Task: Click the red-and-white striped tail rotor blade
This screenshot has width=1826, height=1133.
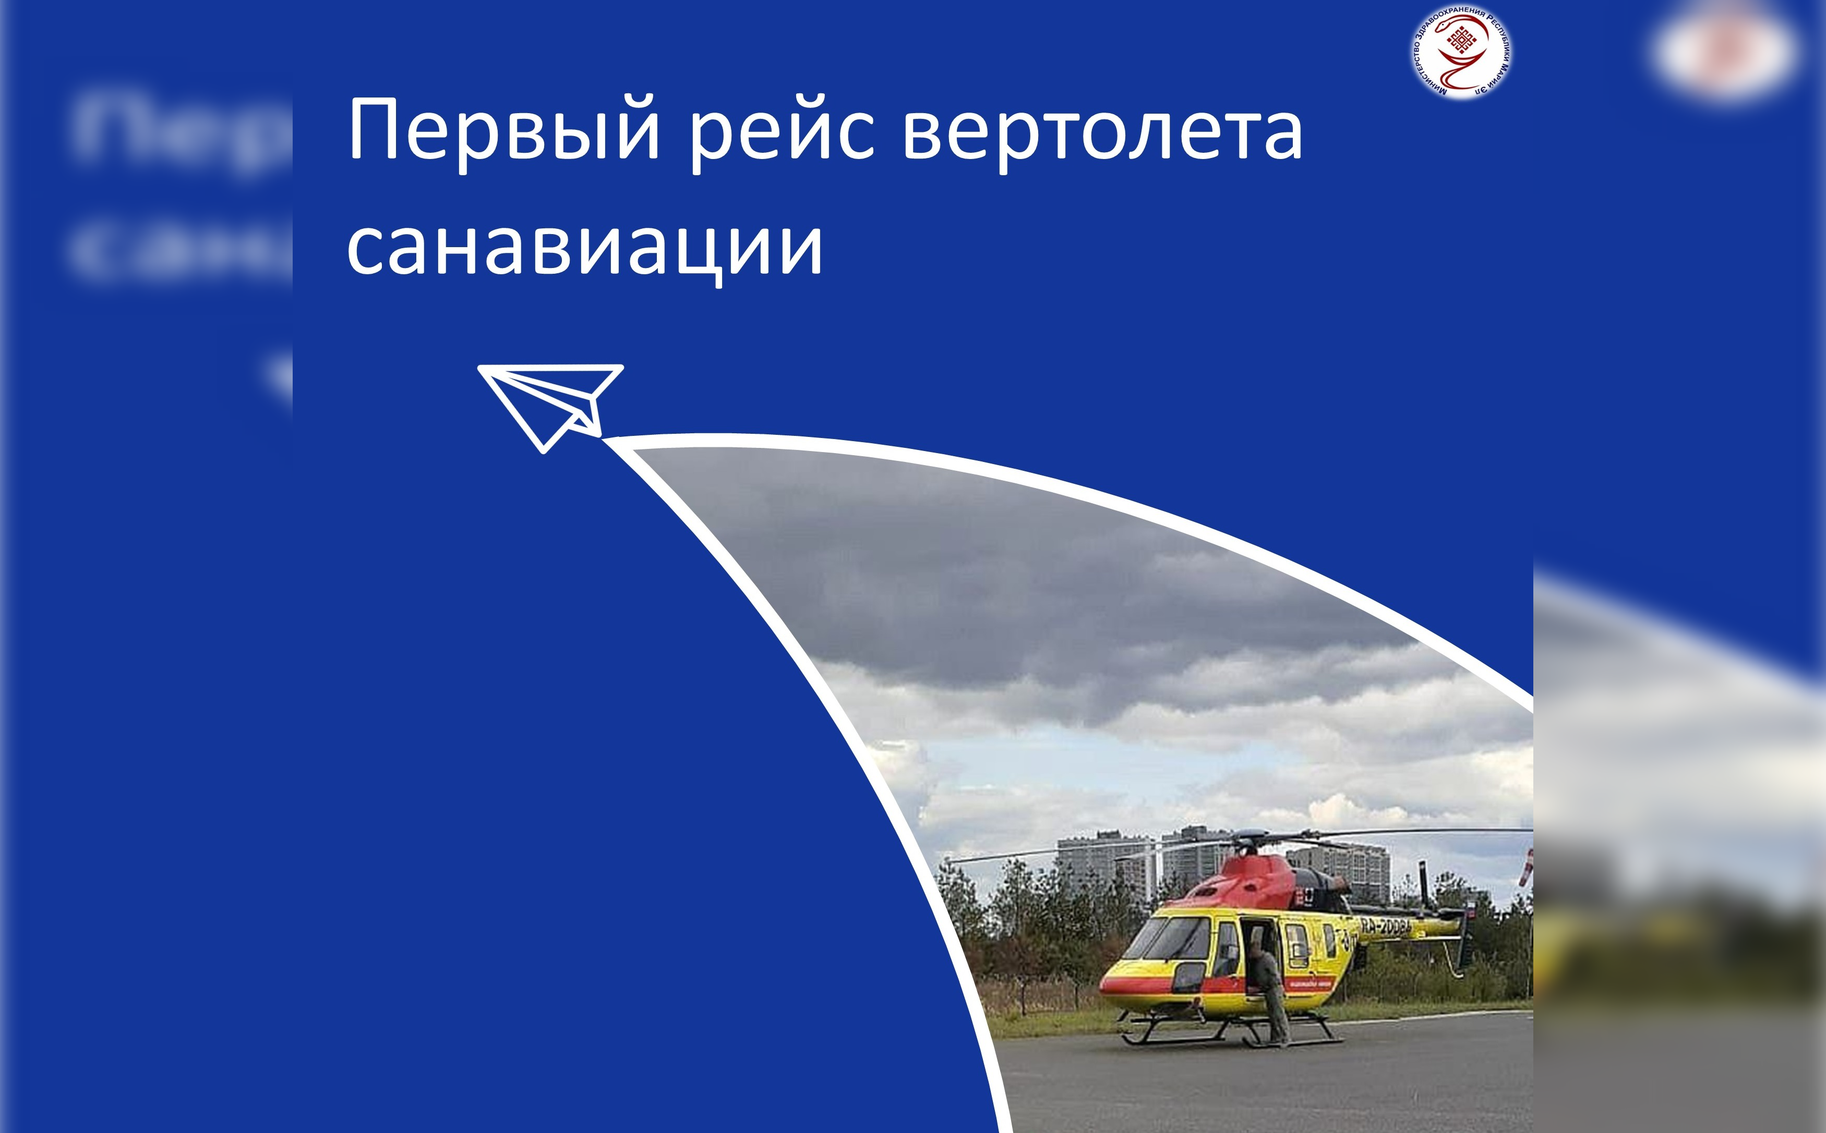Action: click(x=1525, y=869)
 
